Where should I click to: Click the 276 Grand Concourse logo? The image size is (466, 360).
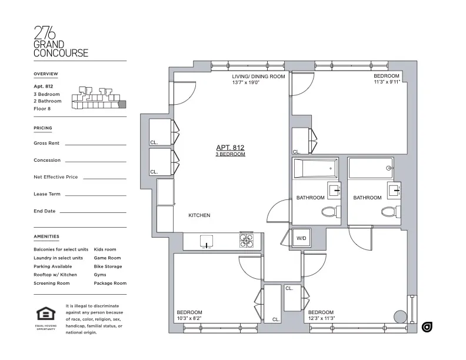[x=61, y=41]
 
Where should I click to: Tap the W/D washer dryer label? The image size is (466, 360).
[x=301, y=238]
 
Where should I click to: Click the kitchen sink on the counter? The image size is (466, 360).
[x=207, y=241]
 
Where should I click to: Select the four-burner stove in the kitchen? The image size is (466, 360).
[x=247, y=241]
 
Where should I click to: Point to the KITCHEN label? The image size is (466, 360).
[x=199, y=215]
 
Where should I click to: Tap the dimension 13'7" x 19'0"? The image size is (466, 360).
[x=246, y=82]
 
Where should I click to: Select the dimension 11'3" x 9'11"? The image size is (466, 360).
[x=387, y=82]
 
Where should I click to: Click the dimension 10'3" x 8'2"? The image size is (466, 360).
[x=189, y=318]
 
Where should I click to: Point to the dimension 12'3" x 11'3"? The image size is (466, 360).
[x=321, y=318]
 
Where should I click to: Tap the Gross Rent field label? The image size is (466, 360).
[x=46, y=143]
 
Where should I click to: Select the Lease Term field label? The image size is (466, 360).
[x=47, y=194]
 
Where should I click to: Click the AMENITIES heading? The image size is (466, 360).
[x=46, y=236]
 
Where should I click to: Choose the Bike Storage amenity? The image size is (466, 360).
[x=108, y=266]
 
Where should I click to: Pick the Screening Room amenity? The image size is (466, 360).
[x=52, y=283]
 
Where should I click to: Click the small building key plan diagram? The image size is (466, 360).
[x=98, y=98]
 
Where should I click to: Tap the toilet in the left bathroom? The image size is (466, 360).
[x=328, y=211]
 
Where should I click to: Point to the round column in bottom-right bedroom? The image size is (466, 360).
[x=400, y=316]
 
